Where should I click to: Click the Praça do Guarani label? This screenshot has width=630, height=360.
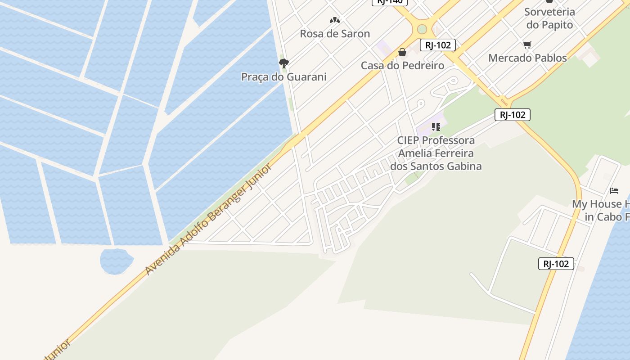point(283,77)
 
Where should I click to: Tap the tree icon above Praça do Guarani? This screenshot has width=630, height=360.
point(283,63)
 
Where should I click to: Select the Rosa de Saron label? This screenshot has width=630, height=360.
point(335,34)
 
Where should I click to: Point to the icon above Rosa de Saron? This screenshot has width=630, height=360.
point(334,20)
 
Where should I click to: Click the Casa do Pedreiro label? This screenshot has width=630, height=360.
point(402,66)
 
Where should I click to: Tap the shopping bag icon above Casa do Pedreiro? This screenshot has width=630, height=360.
point(402,52)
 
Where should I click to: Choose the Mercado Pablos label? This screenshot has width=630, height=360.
point(527,58)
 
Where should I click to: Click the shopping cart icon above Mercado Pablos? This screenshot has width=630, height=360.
point(527,45)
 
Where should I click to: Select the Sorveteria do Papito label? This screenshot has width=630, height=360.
point(549,18)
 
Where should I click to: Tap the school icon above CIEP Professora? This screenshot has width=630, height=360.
point(436,127)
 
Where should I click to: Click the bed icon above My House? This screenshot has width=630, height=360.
point(614,190)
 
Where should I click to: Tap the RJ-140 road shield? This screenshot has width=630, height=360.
point(389,1)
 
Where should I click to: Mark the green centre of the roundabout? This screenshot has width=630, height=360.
point(422,29)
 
